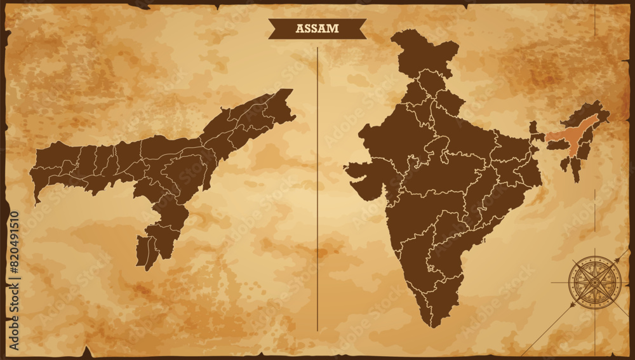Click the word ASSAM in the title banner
(x=317, y=29)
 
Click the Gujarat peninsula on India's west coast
(x=365, y=180)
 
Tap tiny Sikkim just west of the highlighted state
(x=533, y=127)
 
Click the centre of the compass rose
(x=594, y=282)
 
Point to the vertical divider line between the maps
(x=317, y=190)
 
